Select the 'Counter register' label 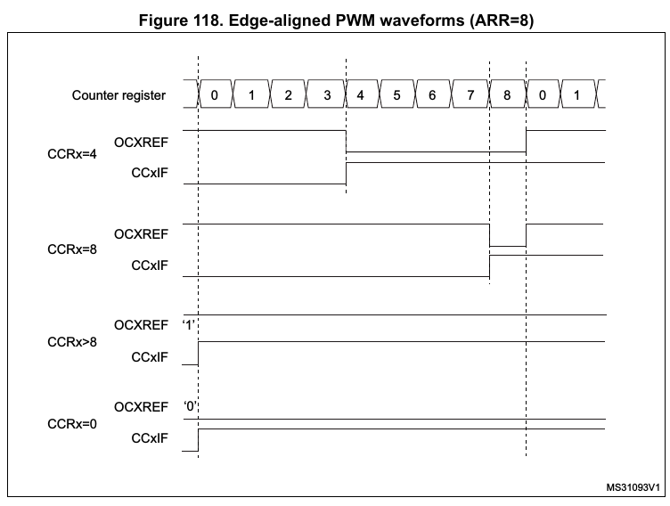118,94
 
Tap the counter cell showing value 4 361,94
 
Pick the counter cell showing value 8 507,94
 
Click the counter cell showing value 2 288,94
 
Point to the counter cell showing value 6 434,94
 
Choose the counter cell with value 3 324,94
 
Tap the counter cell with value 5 397,94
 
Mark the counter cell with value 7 470,94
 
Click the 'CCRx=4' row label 72,154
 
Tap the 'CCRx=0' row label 72,422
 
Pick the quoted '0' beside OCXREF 189,406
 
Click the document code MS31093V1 633,487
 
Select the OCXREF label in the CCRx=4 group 141,139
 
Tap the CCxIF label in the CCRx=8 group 149,265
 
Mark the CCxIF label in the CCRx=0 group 149,438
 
